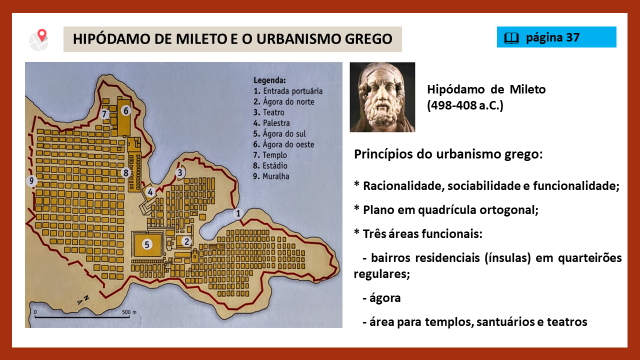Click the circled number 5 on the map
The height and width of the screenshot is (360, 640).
click(x=147, y=244)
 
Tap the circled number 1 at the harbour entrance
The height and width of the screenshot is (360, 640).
click(x=238, y=213)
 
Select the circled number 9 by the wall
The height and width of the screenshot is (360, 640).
click(x=31, y=180)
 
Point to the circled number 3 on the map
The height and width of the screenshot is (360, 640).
click(x=180, y=172)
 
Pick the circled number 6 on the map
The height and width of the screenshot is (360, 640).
click(x=125, y=110)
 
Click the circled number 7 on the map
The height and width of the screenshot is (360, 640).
click(x=104, y=114)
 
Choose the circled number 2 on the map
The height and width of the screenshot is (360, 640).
click(x=186, y=241)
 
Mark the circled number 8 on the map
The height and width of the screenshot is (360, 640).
click(x=125, y=172)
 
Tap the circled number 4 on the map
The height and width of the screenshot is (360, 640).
click(x=150, y=192)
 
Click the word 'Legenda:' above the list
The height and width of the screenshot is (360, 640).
click(x=269, y=80)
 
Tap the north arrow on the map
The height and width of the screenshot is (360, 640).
click(x=83, y=300)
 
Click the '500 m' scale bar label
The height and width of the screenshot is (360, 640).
click(x=129, y=312)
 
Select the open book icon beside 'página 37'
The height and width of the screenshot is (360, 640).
click(x=511, y=37)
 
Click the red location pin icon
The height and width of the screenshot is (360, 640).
click(x=42, y=35)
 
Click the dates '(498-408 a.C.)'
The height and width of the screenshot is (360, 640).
click(x=465, y=105)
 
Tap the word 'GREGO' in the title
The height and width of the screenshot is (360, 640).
click(x=368, y=39)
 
